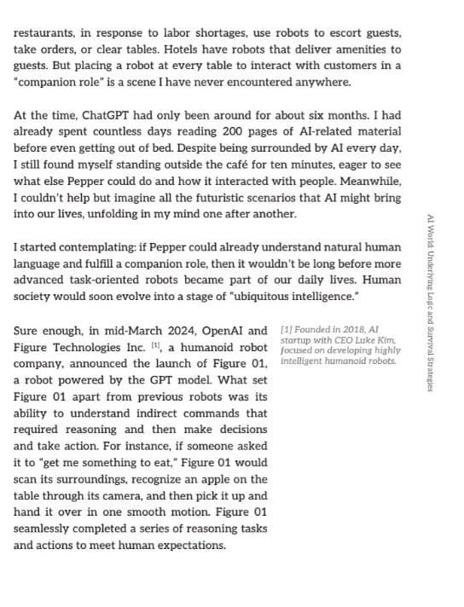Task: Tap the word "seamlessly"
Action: (x=48, y=529)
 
